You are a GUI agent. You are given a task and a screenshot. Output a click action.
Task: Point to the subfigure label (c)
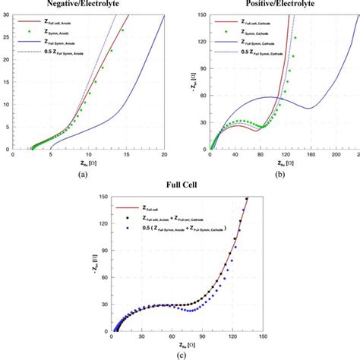click(181, 355)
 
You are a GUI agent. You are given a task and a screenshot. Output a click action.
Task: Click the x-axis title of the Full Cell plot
click(181, 346)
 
